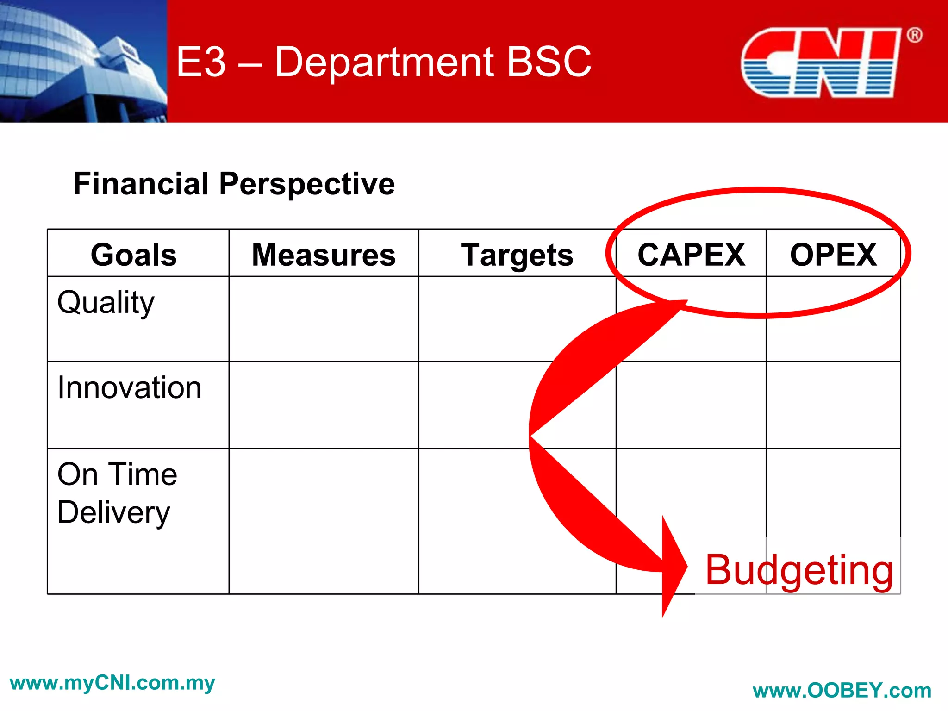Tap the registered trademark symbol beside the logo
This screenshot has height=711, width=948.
click(914, 35)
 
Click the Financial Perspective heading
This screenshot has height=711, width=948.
click(234, 184)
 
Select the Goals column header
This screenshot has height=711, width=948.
click(134, 255)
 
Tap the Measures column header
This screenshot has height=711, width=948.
click(324, 255)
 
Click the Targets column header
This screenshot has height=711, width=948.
click(517, 255)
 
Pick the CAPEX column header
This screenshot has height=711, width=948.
click(691, 255)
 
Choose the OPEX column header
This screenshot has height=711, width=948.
click(833, 255)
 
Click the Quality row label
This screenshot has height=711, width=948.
click(106, 303)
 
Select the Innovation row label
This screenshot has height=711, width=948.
click(129, 387)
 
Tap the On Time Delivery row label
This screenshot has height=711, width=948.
click(117, 493)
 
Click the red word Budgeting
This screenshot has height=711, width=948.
click(799, 570)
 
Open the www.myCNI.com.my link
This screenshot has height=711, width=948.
click(112, 683)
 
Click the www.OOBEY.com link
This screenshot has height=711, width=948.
click(842, 691)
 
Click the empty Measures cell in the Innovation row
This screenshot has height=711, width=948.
click(324, 405)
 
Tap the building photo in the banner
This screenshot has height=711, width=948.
click(83, 61)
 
